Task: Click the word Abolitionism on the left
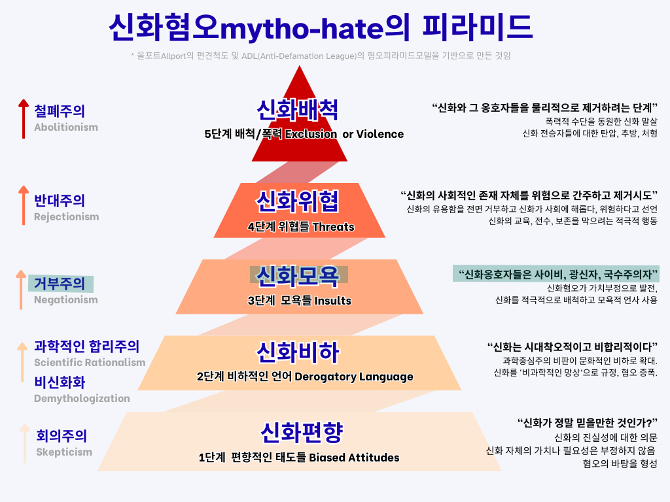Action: pyautogui.click(x=66, y=127)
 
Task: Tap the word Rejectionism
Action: pyautogui.click(x=66, y=217)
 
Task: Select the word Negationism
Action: pyautogui.click(x=65, y=300)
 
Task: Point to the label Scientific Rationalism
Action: pyautogui.click(x=90, y=363)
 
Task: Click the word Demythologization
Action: pyautogui.click(x=82, y=399)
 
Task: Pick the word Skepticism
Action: pyautogui.click(x=64, y=452)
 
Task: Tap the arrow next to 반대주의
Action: pyautogui.click(x=24, y=205)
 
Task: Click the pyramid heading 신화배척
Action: pyautogui.click(x=298, y=110)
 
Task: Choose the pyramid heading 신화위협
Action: pyautogui.click(x=298, y=201)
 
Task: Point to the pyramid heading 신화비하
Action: pyautogui.click(x=298, y=352)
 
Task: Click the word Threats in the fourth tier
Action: pyautogui.click(x=333, y=227)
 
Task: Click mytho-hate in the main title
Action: pyautogui.click(x=300, y=27)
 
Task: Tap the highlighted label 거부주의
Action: pyautogui.click(x=61, y=284)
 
